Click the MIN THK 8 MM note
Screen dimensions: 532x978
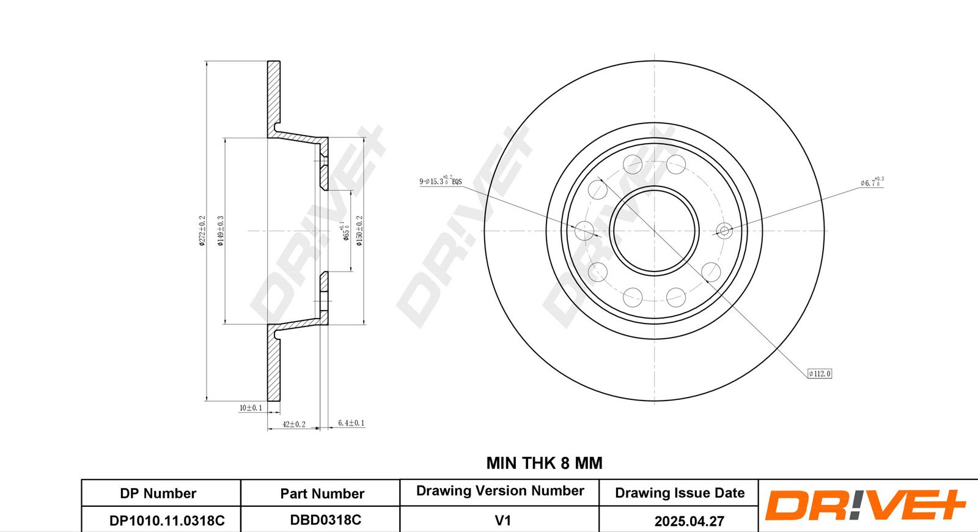click(544, 464)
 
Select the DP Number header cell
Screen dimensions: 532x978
click(158, 493)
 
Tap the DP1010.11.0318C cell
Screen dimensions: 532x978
click(167, 520)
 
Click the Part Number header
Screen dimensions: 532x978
click(322, 493)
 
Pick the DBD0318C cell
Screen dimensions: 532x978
click(325, 520)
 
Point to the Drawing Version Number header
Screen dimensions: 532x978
click(500, 491)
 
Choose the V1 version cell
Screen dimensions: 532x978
click(502, 520)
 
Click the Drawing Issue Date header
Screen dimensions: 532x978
click(680, 493)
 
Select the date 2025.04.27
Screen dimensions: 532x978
click(689, 521)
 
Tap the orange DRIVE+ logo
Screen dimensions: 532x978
click(864, 506)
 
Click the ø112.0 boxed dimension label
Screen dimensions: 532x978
click(820, 374)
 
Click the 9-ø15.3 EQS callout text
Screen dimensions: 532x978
click(441, 181)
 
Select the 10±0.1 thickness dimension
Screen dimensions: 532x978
click(251, 408)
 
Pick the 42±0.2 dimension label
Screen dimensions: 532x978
click(293, 424)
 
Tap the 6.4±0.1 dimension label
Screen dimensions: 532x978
click(351, 423)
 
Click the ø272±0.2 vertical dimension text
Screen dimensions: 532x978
click(202, 231)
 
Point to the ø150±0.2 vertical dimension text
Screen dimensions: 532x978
click(359, 231)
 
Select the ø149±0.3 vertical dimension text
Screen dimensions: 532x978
click(221, 231)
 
